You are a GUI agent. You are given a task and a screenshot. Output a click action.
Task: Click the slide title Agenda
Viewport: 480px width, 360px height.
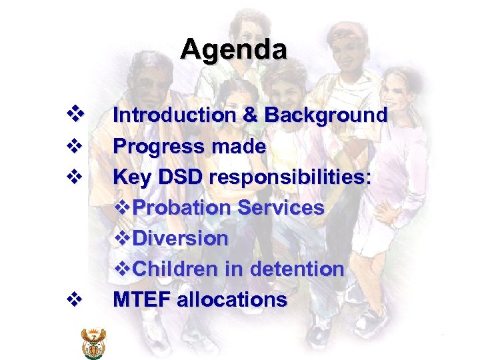(233, 49)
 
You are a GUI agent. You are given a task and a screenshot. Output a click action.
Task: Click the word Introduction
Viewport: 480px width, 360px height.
(174, 115)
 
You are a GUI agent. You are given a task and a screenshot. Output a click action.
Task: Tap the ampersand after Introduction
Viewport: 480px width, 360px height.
(250, 115)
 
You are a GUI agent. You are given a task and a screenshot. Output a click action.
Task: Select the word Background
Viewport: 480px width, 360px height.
(325, 116)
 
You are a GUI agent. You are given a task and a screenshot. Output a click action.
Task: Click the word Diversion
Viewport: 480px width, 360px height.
(181, 238)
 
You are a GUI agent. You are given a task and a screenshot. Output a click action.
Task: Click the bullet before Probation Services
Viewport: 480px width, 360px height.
(122, 207)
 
